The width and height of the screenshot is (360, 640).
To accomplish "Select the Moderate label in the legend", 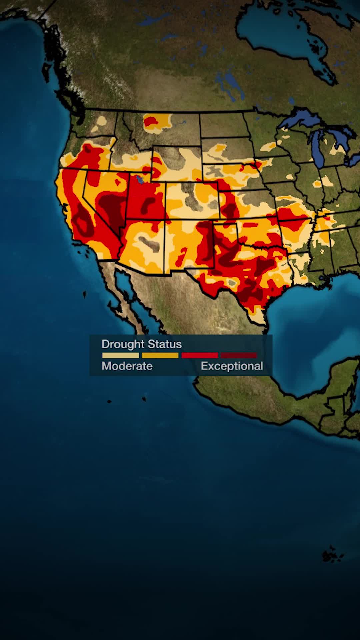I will click(x=127, y=366).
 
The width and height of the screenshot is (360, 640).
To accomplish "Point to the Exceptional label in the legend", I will click(x=232, y=366).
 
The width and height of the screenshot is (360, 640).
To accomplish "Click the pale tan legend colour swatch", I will click(x=120, y=355).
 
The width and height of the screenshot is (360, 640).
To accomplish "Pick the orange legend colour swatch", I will click(x=160, y=355).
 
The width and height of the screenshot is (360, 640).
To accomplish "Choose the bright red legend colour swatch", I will click(x=200, y=355).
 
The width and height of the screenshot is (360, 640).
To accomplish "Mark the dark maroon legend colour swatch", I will click(x=239, y=355).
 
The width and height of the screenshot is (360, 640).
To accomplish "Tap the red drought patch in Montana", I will click(x=151, y=121).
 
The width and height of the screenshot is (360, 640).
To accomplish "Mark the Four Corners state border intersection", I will click(x=165, y=219).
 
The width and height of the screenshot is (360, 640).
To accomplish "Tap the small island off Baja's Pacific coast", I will click(x=84, y=294).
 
